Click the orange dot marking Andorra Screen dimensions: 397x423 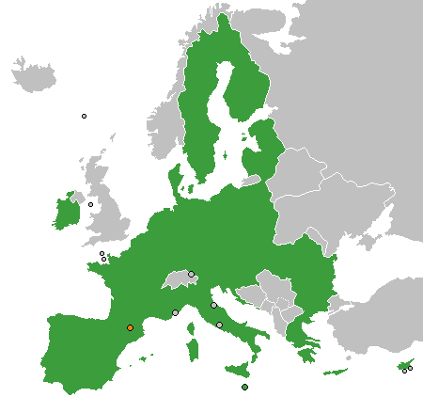point(130,327)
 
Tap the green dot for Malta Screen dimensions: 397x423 point(244,387)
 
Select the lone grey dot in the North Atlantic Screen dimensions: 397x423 point(84,116)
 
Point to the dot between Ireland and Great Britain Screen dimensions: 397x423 point(91,204)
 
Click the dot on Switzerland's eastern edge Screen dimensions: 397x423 point(191,274)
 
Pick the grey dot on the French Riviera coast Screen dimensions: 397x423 point(175,312)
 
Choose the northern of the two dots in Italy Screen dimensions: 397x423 point(213,305)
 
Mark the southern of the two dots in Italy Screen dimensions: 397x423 point(220,326)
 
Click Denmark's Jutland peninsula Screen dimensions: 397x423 point(175,179)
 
